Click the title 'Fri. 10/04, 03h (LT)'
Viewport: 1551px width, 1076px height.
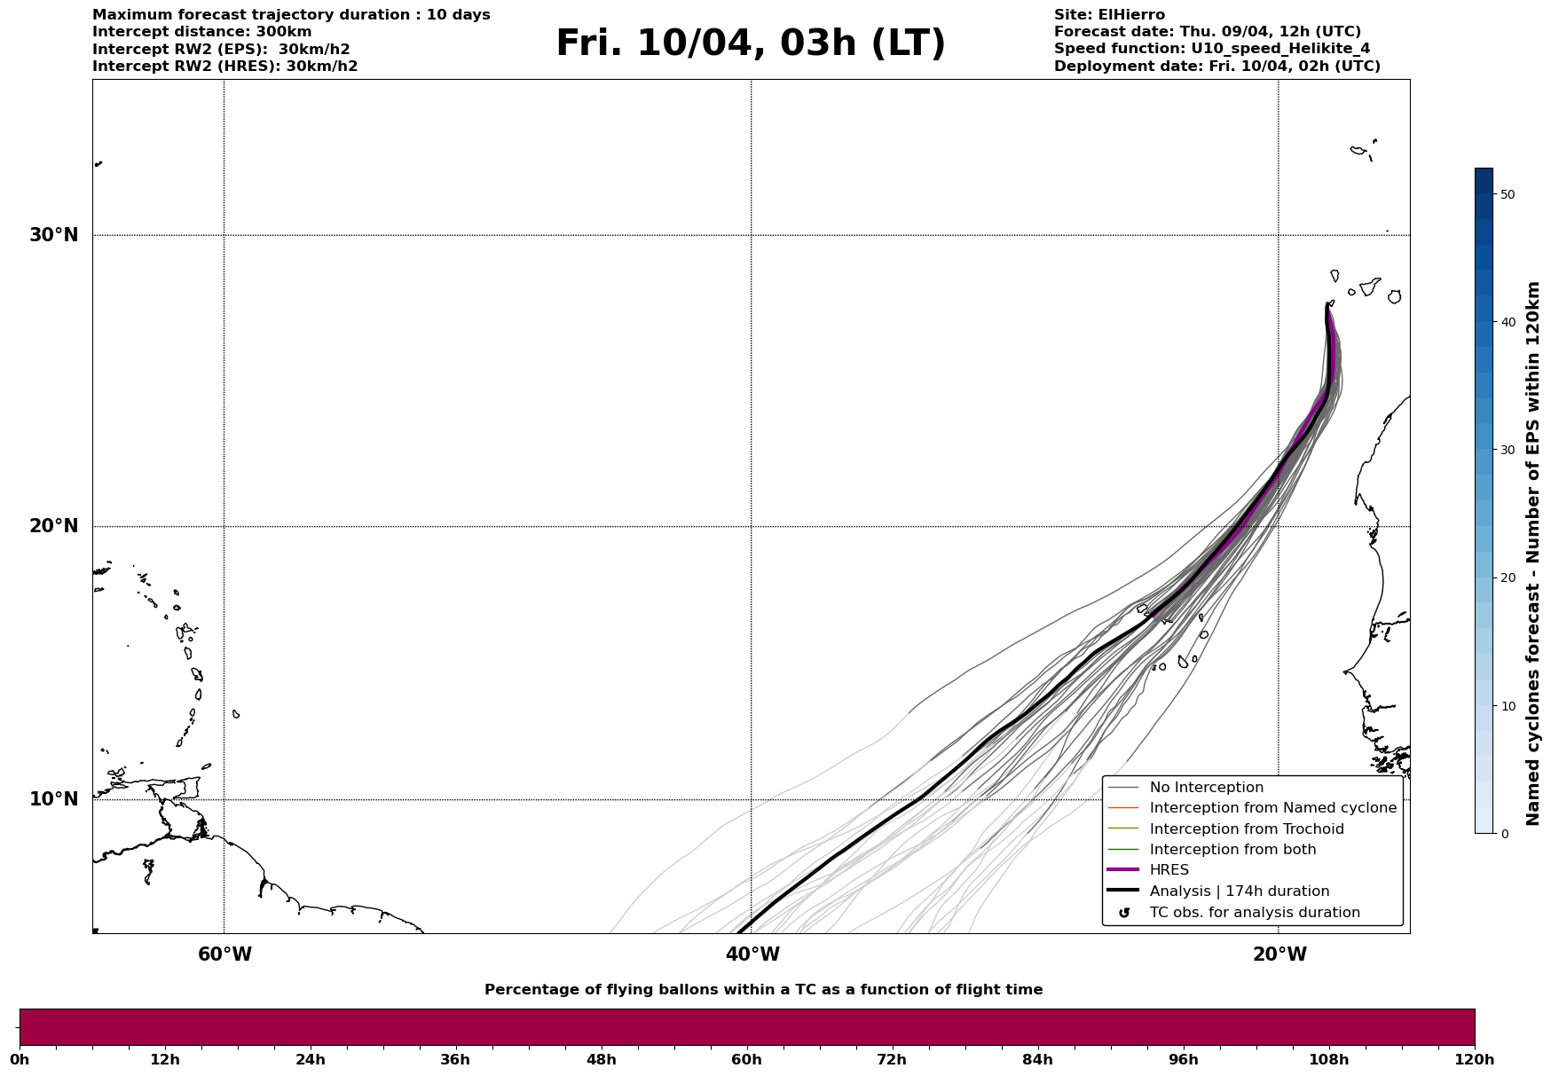click(x=751, y=43)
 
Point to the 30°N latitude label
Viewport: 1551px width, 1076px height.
click(x=53, y=235)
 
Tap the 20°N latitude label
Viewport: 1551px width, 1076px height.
click(x=53, y=526)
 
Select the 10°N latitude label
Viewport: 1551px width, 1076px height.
click(x=53, y=799)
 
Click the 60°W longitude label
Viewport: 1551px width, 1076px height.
click(x=224, y=954)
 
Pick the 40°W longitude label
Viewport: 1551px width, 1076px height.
click(x=752, y=954)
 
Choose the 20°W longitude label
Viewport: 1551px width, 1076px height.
click(x=1279, y=954)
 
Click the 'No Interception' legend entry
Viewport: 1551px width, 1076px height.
click(x=1206, y=788)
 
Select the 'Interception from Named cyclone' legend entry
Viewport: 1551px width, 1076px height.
click(x=1272, y=808)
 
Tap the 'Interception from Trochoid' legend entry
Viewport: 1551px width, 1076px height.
click(x=1246, y=829)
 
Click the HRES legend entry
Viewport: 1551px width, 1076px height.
click(x=1169, y=870)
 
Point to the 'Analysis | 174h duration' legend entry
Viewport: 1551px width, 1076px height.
click(x=1239, y=891)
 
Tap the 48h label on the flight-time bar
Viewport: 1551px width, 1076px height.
click(x=601, y=1060)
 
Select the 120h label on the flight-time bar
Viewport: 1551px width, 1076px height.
click(x=1475, y=1060)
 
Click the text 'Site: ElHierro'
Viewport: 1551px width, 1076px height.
click(x=1109, y=15)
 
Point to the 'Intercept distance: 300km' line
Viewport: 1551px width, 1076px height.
click(x=201, y=32)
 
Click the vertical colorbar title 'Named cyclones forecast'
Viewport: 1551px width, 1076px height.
click(x=1532, y=554)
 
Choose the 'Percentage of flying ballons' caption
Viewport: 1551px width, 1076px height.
click(x=763, y=990)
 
